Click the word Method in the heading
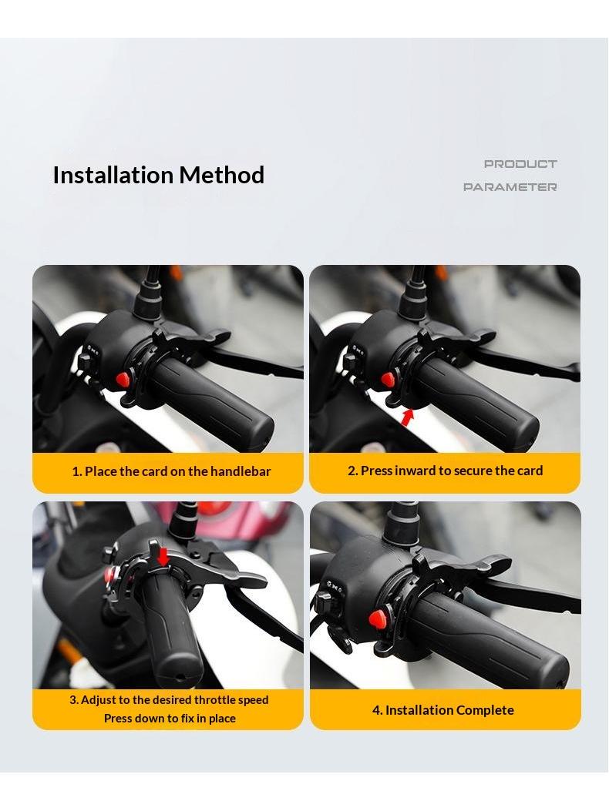(x=222, y=175)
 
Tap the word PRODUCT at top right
(x=520, y=164)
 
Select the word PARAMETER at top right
(x=510, y=186)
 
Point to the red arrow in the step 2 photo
(x=408, y=417)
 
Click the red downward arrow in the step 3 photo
(x=163, y=557)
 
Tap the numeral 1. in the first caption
(x=77, y=471)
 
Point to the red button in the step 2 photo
(x=387, y=380)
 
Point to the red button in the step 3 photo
(x=109, y=575)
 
